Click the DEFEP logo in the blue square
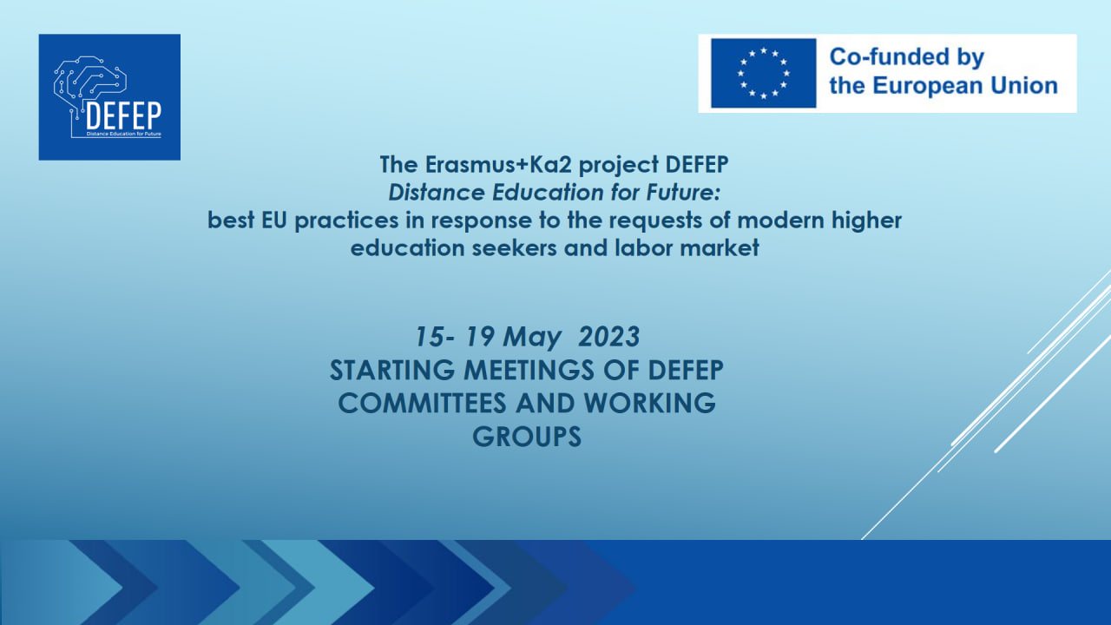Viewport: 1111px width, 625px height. pos(109,97)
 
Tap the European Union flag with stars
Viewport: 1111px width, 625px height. pos(763,74)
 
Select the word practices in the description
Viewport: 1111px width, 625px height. pos(346,220)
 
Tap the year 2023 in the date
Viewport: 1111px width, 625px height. pos(609,337)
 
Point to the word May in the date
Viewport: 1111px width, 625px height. pos(532,338)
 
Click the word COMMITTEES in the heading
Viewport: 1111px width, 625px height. pos(423,404)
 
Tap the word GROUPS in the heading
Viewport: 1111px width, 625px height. pos(527,437)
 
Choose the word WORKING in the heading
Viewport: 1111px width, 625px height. pos(650,404)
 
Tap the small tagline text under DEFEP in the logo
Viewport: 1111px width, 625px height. pos(123,134)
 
